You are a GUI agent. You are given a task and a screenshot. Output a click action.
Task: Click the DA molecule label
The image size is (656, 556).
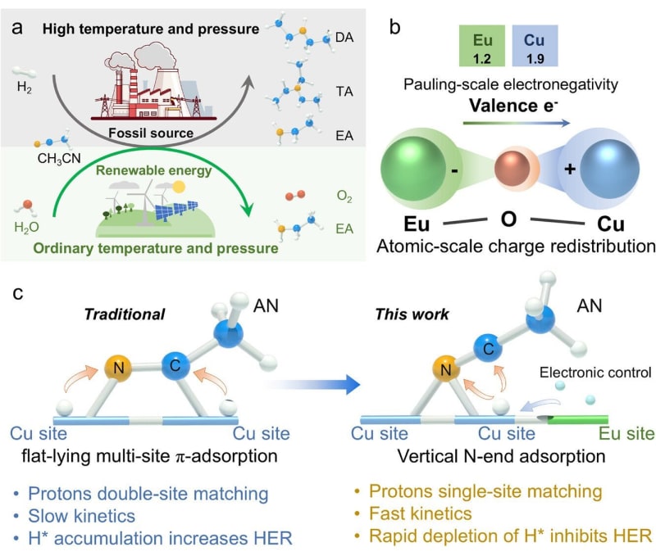point(347,38)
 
